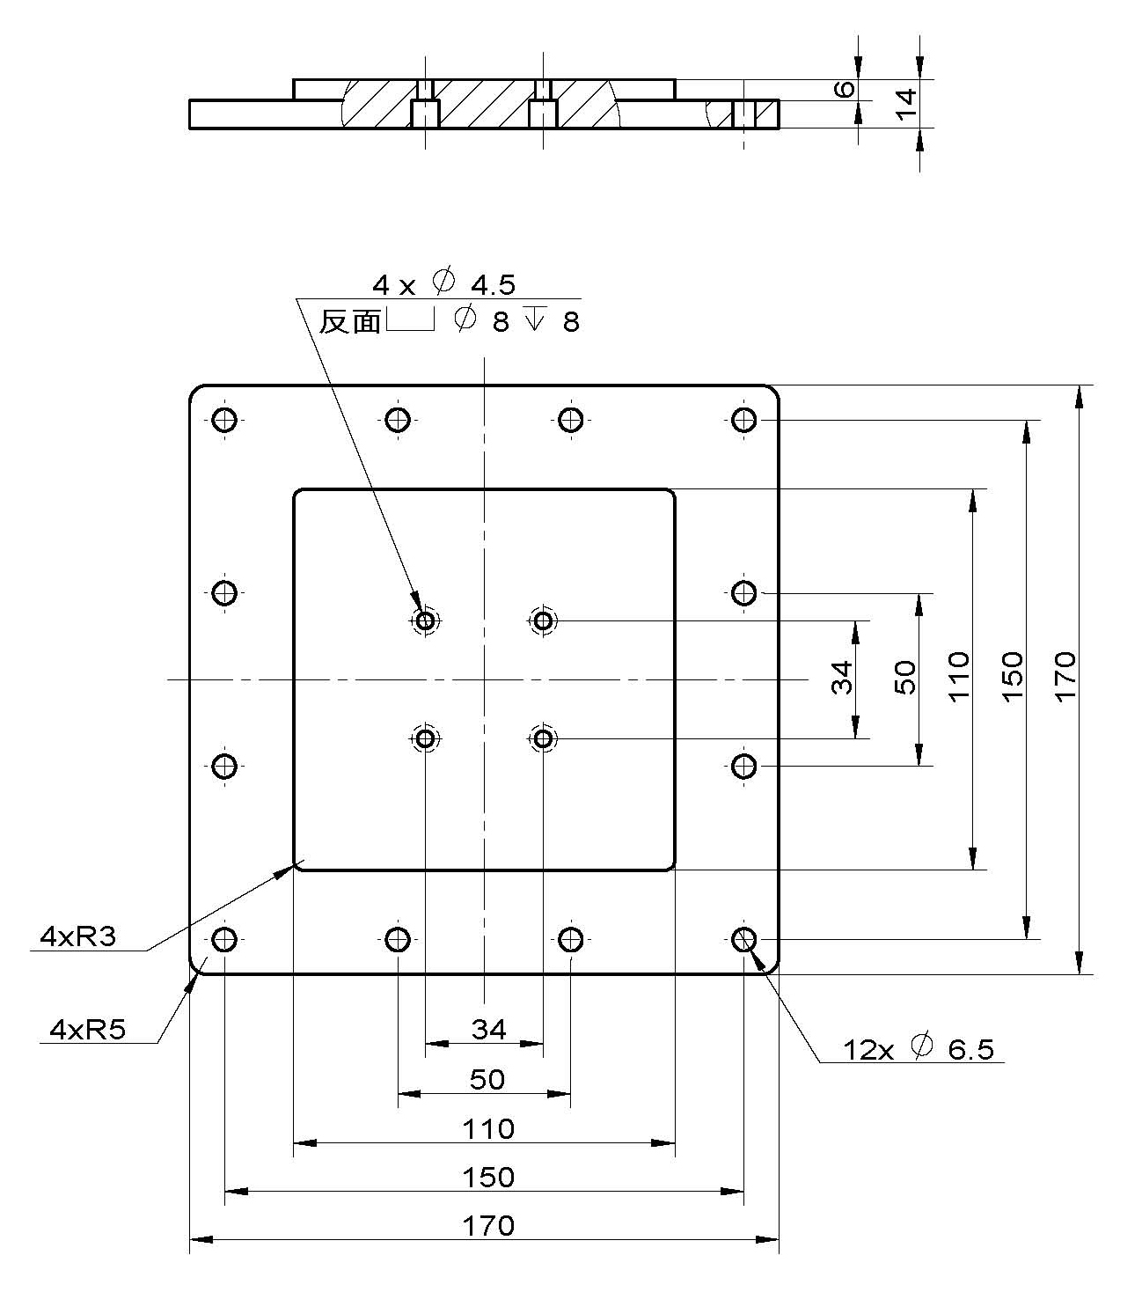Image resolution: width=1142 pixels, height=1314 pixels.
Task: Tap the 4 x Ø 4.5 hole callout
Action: click(443, 284)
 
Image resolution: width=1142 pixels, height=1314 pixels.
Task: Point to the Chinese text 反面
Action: click(349, 322)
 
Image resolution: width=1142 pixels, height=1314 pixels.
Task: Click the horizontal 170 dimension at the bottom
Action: click(488, 1225)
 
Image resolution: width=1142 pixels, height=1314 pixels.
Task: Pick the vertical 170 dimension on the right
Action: click(1065, 675)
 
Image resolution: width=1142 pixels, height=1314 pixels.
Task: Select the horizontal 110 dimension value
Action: click(488, 1128)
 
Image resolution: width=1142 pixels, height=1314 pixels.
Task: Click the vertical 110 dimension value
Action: click(958, 675)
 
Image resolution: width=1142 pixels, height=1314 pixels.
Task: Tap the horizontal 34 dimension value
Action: click(488, 1029)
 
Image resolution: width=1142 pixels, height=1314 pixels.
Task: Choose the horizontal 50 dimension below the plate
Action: click(487, 1079)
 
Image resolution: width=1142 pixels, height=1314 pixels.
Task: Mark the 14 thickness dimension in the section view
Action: click(905, 102)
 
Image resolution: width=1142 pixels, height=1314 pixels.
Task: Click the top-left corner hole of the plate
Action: click(224, 420)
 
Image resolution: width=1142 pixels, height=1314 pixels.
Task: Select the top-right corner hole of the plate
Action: click(744, 420)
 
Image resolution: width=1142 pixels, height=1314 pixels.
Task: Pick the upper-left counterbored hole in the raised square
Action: click(426, 621)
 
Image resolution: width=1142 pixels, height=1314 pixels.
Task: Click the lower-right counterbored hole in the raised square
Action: click(543, 738)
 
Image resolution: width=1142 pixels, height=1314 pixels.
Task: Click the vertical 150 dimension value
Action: click(1012, 675)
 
